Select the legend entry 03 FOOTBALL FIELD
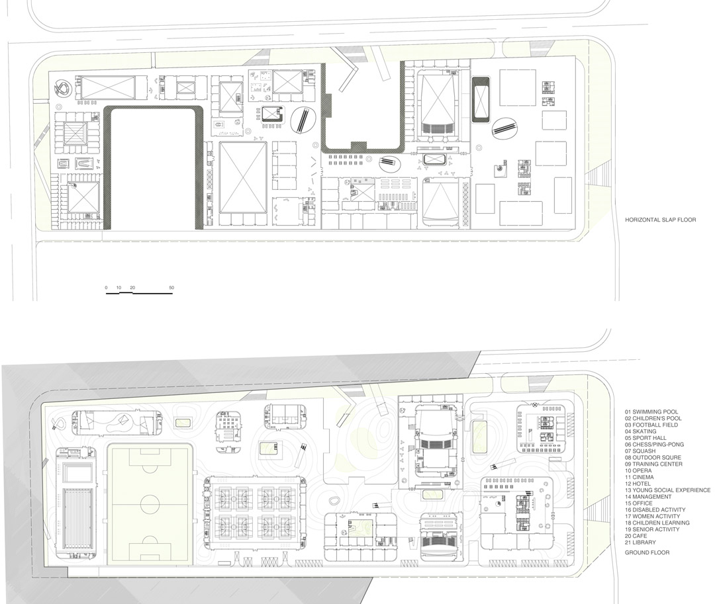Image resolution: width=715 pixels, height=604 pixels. coord(651,425)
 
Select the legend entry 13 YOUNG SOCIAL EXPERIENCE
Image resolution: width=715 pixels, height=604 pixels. coord(667,490)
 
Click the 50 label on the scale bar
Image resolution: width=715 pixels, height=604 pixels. coord(171,288)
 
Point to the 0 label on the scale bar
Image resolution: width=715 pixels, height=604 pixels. coord(107,288)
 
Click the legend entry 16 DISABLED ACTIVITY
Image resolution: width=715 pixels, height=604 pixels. coord(655,510)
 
